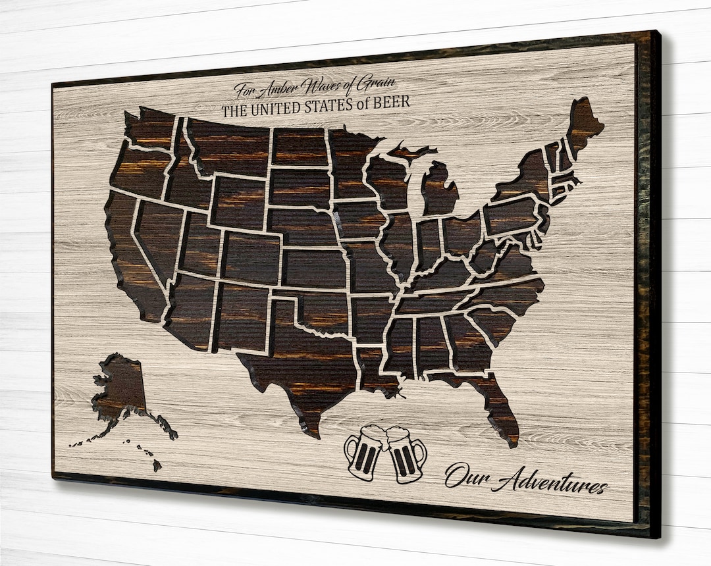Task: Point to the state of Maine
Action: coord(583,125)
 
